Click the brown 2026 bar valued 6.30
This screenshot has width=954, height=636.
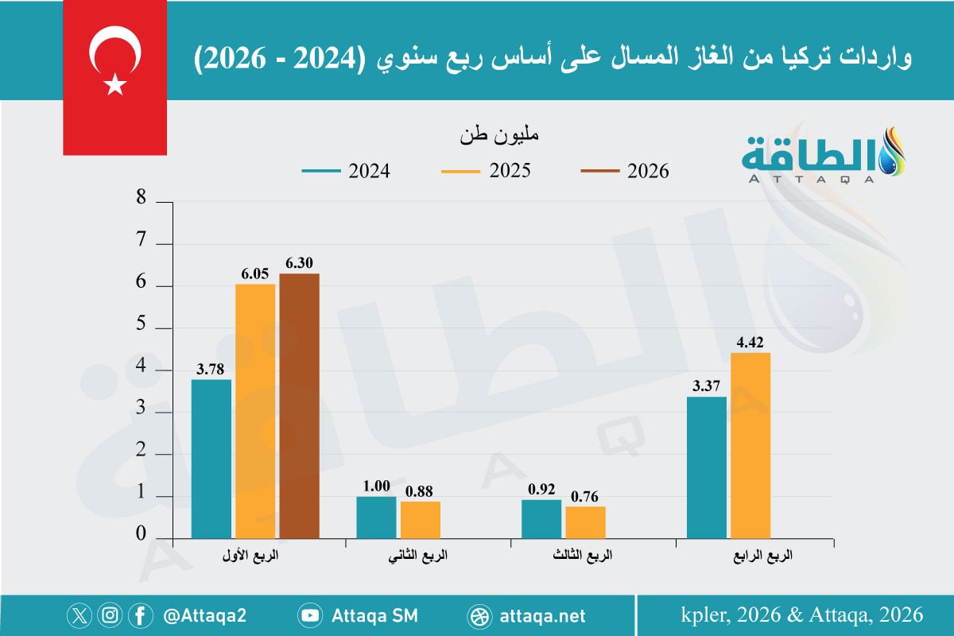click(x=299, y=405)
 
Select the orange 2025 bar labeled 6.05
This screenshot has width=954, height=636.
click(x=254, y=410)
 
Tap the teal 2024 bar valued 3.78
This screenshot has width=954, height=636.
click(x=211, y=458)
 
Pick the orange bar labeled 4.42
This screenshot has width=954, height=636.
click(x=750, y=444)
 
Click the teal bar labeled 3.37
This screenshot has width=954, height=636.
click(x=706, y=467)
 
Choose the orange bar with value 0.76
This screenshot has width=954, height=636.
click(x=585, y=522)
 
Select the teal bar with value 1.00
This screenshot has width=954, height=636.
click(x=376, y=517)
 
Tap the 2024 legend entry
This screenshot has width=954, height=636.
click(x=346, y=171)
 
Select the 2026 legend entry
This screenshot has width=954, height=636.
click(x=625, y=171)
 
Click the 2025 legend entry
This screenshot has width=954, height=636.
click(x=485, y=171)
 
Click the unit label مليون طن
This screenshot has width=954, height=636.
click(x=498, y=134)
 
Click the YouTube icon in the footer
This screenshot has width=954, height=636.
click(x=309, y=615)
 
